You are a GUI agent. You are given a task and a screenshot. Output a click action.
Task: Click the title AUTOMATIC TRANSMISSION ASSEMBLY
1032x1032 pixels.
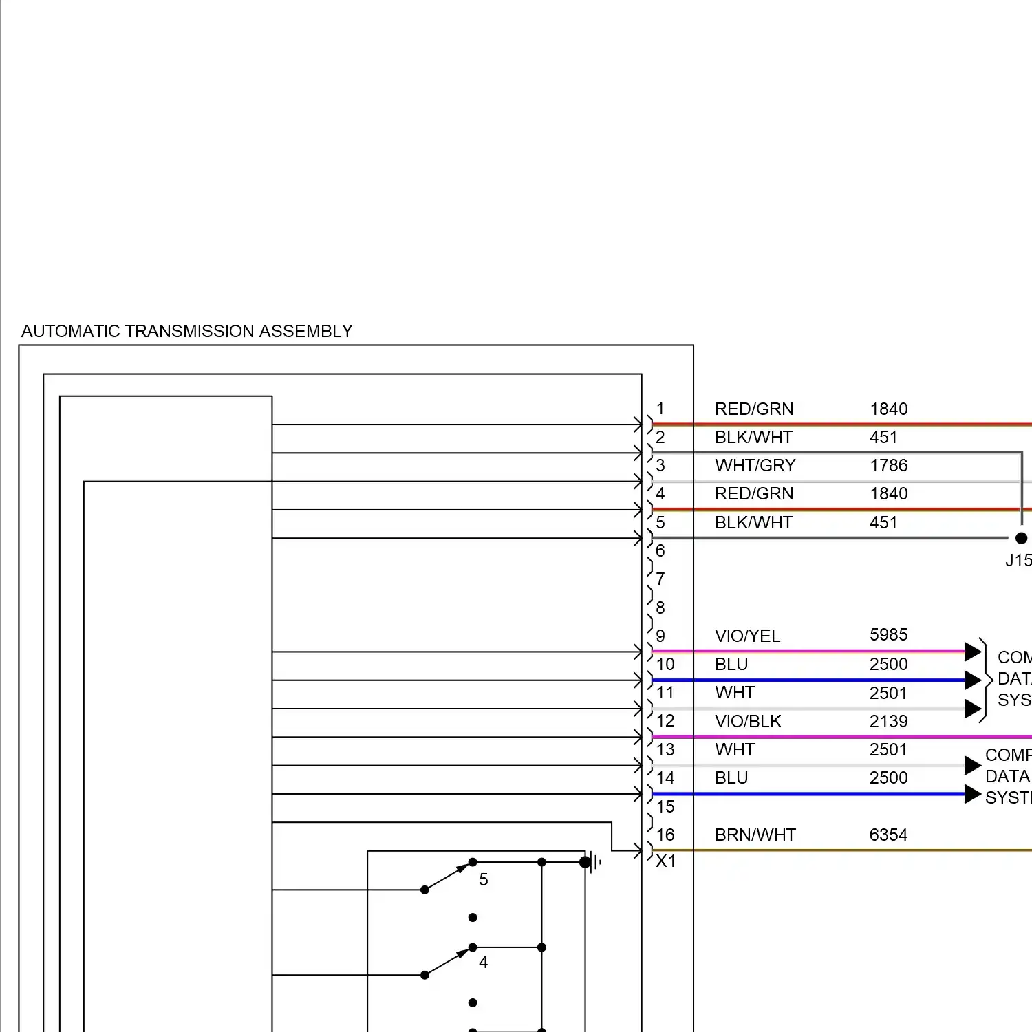[186, 331]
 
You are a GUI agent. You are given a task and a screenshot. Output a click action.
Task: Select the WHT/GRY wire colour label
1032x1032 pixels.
[755, 466]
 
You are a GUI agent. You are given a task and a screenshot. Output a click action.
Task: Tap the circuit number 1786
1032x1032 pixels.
[888, 466]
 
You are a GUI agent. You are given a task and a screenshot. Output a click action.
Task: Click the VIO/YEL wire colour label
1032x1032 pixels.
[747, 636]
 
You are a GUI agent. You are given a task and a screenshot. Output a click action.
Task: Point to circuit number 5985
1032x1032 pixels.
[888, 634]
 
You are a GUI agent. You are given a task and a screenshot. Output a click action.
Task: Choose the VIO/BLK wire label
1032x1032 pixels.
[748, 721]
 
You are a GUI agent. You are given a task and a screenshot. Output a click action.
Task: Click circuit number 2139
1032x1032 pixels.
[888, 721]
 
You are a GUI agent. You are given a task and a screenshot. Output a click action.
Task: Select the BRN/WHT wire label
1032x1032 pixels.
[755, 835]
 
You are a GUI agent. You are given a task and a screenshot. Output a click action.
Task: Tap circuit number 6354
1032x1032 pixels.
[888, 835]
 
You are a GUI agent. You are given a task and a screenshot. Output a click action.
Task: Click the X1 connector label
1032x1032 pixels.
[665, 861]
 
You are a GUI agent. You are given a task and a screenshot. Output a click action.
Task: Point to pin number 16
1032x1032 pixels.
[665, 835]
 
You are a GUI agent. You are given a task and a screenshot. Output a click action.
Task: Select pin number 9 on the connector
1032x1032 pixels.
[660, 636]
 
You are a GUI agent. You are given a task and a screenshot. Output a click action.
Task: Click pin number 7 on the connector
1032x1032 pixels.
[660, 579]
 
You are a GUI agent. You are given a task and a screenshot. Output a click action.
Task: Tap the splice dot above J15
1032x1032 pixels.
[1021, 538]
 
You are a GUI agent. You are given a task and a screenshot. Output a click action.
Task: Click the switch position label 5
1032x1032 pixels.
[484, 879]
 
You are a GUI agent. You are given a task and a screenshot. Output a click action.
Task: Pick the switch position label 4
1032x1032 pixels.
[484, 962]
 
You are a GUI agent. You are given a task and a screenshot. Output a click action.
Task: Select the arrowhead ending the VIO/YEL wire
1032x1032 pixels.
[972, 652]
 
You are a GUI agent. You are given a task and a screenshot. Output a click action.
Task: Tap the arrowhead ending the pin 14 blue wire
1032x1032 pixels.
[972, 794]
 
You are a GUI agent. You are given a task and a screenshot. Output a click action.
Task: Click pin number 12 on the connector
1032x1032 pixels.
[665, 721]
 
